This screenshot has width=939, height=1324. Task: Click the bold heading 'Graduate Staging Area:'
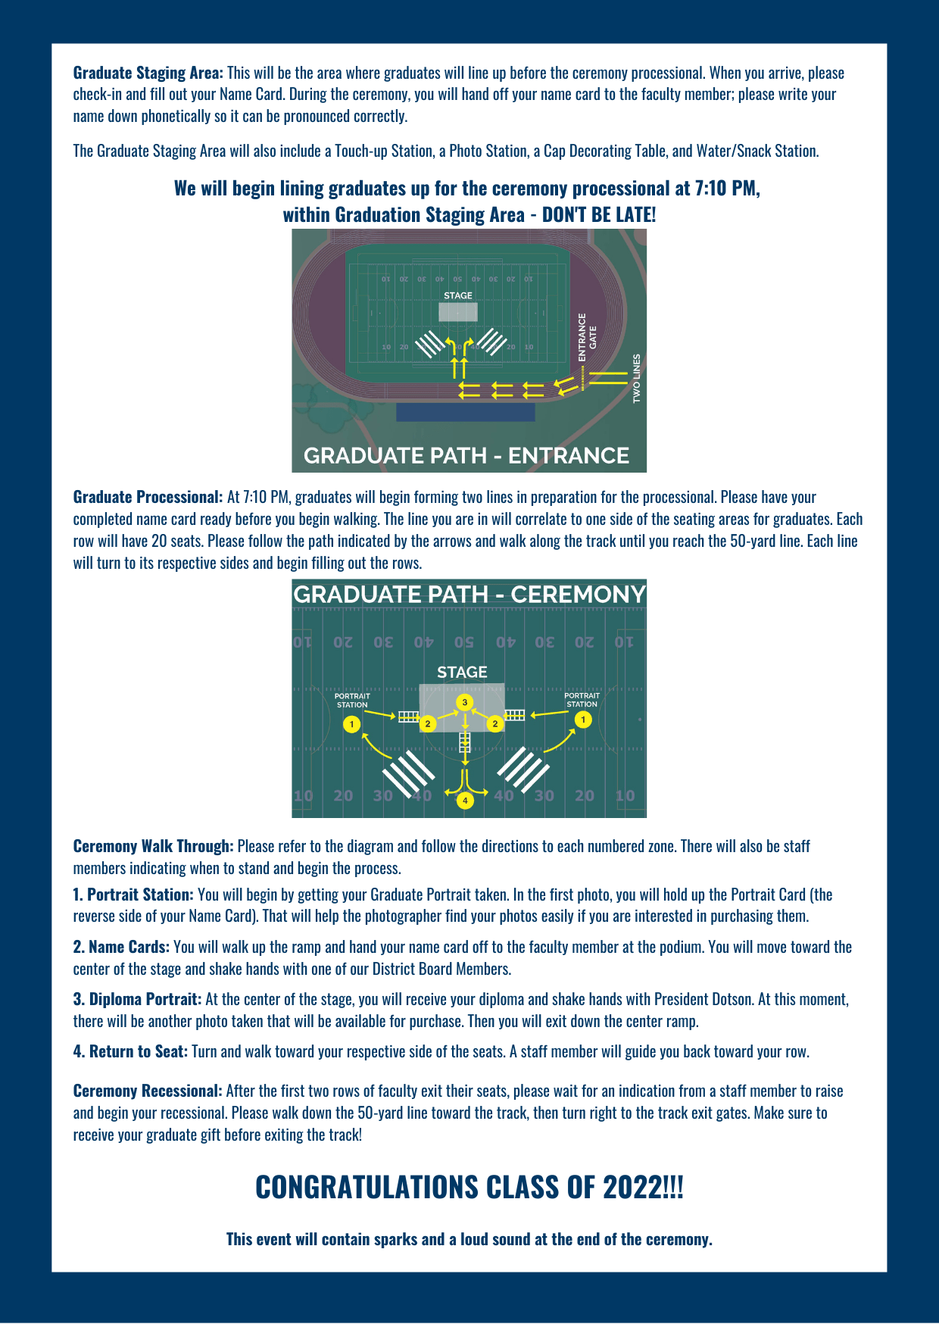148,73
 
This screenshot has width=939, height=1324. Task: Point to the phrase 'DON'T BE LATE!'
599,215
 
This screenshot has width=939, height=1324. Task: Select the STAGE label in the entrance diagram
458,295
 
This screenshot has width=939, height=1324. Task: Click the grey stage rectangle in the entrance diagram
458,312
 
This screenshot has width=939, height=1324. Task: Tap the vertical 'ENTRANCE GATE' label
587,337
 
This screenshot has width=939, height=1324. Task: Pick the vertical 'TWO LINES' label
636,378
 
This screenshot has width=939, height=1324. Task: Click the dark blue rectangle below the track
465,412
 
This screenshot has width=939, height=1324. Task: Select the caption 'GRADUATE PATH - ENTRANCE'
466,455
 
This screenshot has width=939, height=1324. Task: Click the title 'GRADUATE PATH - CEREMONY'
469,595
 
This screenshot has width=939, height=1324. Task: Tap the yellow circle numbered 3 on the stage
465,702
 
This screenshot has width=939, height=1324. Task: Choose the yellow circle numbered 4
465,800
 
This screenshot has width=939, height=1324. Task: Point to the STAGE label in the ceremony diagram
462,673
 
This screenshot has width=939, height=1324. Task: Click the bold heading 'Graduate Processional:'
148,497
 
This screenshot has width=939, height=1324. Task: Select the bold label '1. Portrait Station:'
133,895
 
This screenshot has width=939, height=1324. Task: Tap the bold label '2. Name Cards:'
121,947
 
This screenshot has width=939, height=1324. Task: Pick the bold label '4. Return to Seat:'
130,1051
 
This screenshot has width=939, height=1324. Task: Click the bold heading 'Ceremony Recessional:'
148,1091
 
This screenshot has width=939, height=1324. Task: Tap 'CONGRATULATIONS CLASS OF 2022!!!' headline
469,1187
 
